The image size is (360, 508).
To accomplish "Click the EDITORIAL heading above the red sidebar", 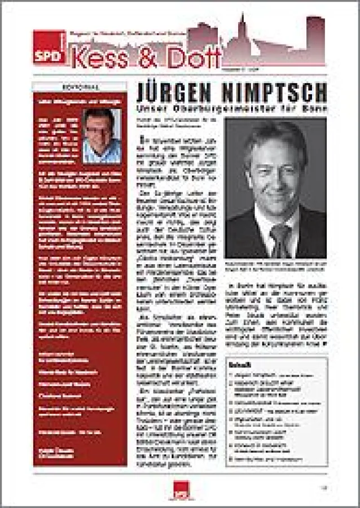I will coord(79,87).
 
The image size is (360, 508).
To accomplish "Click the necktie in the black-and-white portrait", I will coord(278,237).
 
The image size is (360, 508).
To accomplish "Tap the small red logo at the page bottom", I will coord(180,490).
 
